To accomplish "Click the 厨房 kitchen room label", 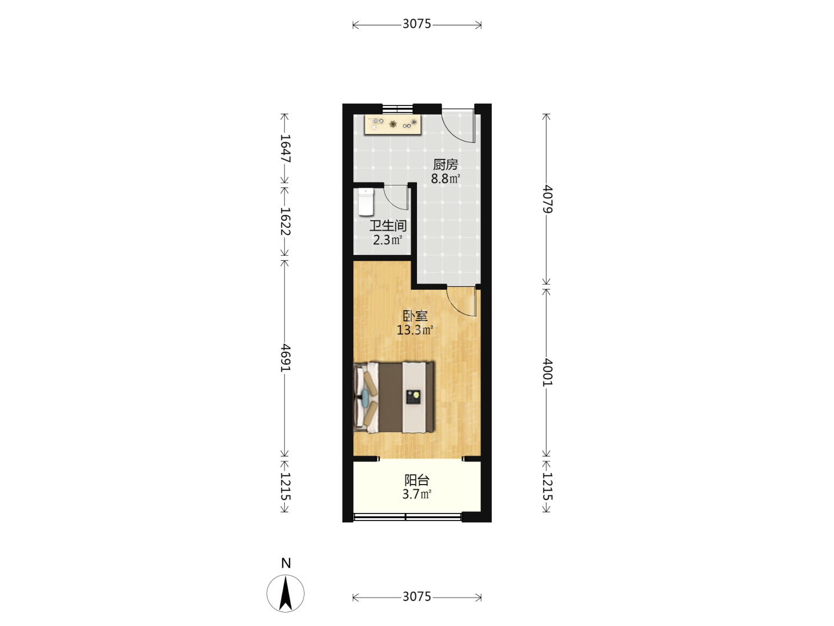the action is point(445,165).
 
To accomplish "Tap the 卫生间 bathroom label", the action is point(387,226).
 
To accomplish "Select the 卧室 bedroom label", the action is point(415,316).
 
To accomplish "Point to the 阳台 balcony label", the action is point(416,480).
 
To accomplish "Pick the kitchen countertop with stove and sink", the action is point(393,125).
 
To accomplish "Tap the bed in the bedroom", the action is point(394,398).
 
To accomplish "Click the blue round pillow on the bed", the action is point(365,398).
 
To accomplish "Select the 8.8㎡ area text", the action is point(445,179).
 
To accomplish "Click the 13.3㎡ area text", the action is point(415,330).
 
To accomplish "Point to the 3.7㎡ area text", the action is point(416,494).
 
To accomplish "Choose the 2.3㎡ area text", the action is point(387,240).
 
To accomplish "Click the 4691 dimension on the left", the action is point(285,358).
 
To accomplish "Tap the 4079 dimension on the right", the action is point(547,199).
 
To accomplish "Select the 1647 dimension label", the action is point(285,148).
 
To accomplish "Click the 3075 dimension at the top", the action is point(417,24).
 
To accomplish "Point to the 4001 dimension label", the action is point(547,372).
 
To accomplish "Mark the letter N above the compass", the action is point(286,563).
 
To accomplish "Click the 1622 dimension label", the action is point(285,221).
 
